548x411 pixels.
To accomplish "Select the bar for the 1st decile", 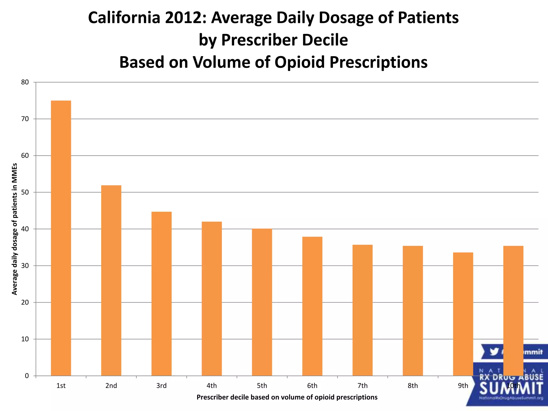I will pos(61,238).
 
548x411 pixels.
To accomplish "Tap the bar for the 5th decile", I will pos(262,302).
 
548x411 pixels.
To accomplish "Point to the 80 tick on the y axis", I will pos(25,82).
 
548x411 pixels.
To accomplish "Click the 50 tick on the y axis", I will pos(25,192).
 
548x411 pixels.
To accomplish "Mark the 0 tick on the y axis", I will pos(27,376).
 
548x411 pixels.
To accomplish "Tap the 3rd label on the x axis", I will pos(161,386).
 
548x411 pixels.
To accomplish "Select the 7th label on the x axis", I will pos(363,386).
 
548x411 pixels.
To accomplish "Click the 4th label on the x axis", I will pos(212,386).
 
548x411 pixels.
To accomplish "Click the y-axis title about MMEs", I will pos(15,229).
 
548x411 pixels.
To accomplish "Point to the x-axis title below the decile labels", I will pos(287,397).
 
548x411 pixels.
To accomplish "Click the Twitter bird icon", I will pos(494,352).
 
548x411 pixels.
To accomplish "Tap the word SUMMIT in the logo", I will pos(511,389).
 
